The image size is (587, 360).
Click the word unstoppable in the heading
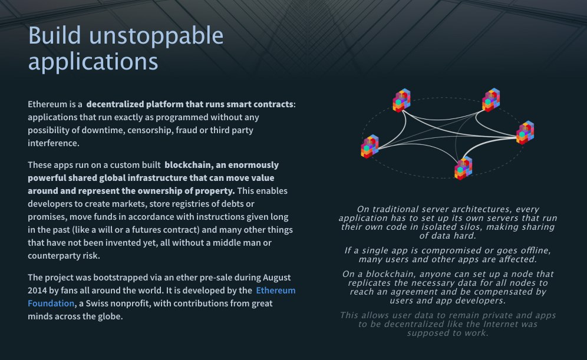tap(156, 37)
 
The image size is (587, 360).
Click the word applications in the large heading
tap(93, 61)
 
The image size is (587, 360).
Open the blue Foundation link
tap(51, 303)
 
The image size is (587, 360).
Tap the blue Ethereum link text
tap(276, 290)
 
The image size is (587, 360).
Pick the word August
tap(276, 278)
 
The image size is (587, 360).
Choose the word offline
tap(534, 250)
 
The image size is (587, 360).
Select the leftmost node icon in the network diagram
tap(370, 147)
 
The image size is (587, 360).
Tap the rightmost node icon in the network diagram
tap(525, 133)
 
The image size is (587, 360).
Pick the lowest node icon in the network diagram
tap(463, 169)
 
